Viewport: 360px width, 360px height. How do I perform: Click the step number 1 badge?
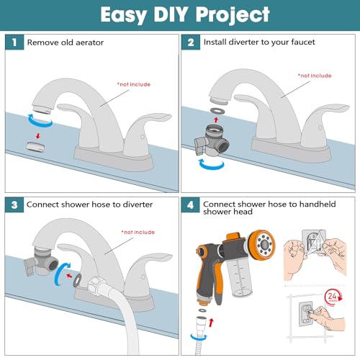point(14,42)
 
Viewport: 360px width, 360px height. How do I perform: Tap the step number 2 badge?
point(190,42)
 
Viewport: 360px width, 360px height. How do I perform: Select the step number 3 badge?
point(14,204)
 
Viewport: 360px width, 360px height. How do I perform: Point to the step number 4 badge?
point(190,204)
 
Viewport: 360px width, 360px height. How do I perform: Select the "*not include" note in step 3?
point(137,232)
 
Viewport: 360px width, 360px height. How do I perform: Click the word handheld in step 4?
point(327,204)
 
